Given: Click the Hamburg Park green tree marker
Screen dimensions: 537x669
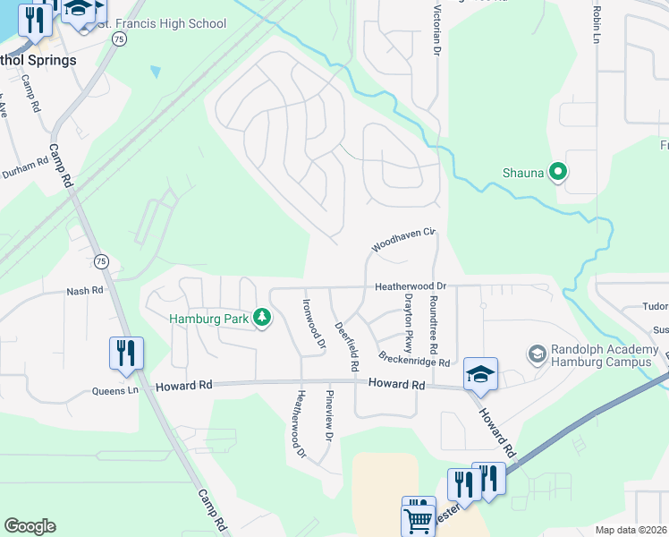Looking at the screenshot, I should click(x=262, y=318).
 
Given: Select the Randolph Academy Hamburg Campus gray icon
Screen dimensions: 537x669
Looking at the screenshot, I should click(x=537, y=354).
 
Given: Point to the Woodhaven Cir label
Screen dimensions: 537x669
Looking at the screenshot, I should click(x=403, y=239).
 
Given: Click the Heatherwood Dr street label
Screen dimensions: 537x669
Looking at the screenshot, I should click(x=410, y=286).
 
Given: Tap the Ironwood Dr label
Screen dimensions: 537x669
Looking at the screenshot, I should click(x=312, y=322).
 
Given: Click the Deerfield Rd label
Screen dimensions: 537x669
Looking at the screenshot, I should click(x=347, y=346).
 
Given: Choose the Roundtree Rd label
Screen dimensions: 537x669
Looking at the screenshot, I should click(x=433, y=323).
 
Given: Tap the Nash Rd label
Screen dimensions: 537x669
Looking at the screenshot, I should click(x=85, y=291).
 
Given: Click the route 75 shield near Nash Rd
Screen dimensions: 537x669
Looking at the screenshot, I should click(x=102, y=260).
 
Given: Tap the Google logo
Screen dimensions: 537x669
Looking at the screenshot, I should click(x=30, y=526).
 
